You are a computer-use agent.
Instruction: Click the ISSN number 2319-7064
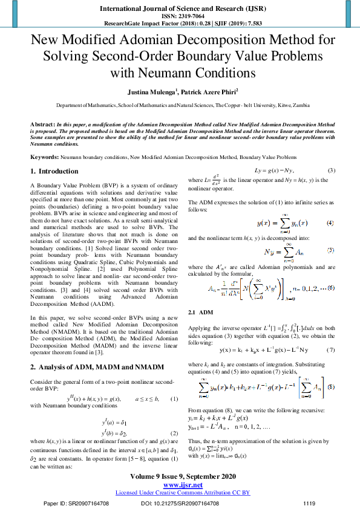click(180, 17)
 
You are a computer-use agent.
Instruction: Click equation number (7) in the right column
click(330, 350)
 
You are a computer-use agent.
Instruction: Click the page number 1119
click(309, 502)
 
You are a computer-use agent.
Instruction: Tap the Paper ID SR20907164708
click(75, 502)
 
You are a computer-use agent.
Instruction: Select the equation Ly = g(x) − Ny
click(276, 171)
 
